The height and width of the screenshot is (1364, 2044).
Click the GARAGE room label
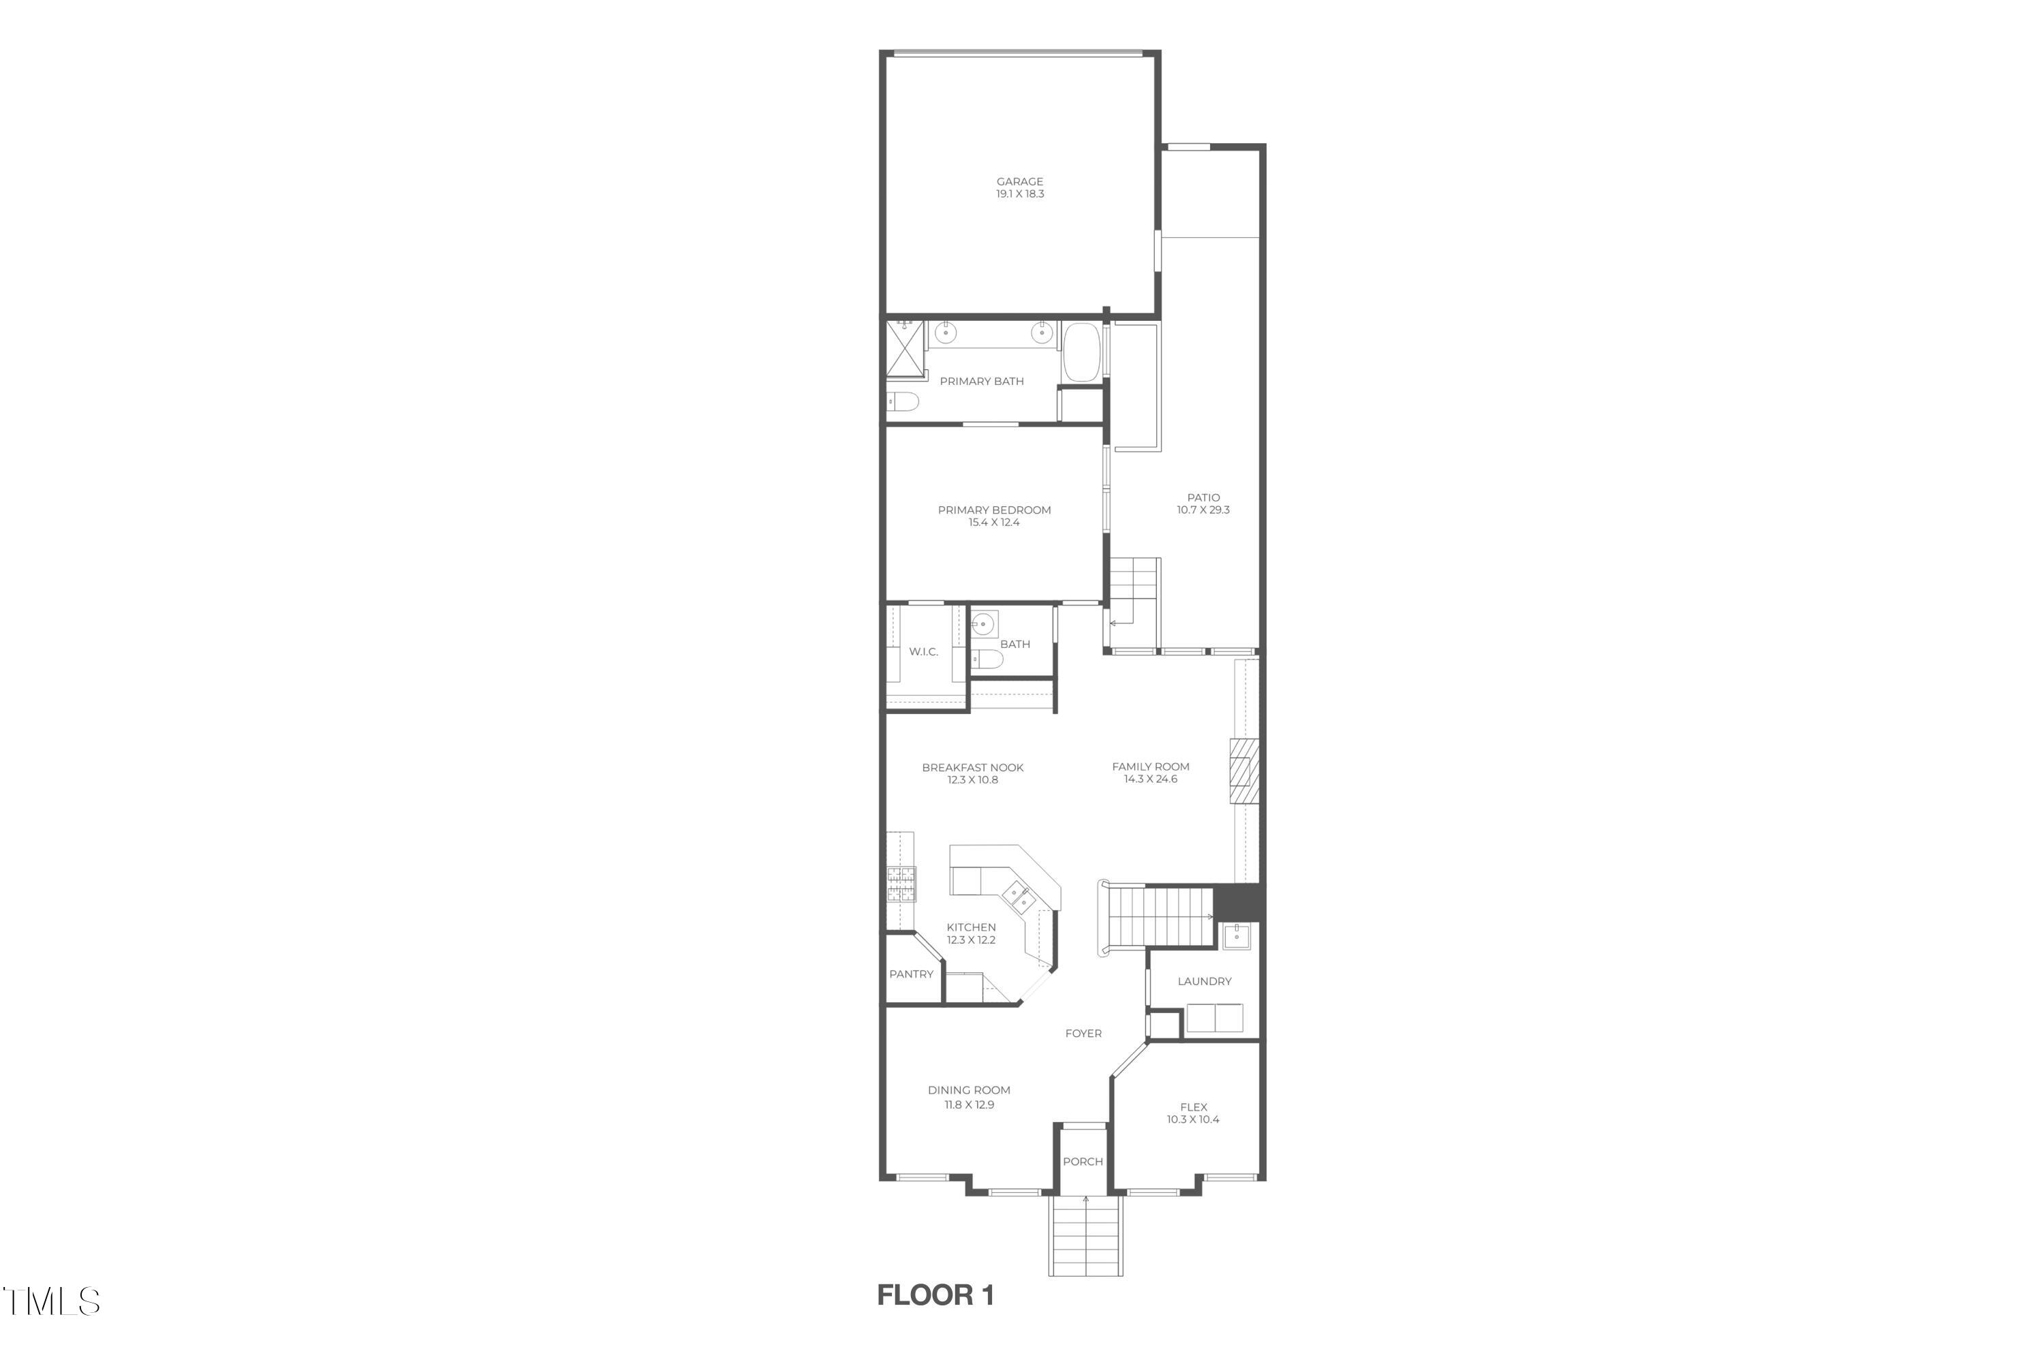click(x=1019, y=182)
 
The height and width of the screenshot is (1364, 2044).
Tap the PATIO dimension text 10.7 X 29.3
click(x=1203, y=510)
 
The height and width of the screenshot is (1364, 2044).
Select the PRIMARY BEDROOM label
click(x=994, y=510)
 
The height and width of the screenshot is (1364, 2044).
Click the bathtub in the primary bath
click(x=1082, y=352)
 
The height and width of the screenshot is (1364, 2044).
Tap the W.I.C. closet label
click(x=923, y=651)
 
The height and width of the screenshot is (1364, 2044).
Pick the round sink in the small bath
click(x=983, y=623)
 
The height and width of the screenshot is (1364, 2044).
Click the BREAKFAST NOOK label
click(x=972, y=767)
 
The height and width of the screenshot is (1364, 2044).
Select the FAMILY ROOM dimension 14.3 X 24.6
click(x=1150, y=779)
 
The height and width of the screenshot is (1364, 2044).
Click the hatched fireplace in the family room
click(x=1244, y=771)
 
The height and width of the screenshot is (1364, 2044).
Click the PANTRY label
click(x=911, y=974)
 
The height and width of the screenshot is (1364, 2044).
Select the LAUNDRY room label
click(x=1204, y=981)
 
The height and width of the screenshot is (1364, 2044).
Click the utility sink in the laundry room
click(x=1236, y=937)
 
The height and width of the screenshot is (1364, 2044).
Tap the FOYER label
click(x=1083, y=1034)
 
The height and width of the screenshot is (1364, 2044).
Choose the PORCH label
click(x=1082, y=1162)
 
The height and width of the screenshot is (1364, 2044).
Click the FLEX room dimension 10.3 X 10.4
click(x=1192, y=1119)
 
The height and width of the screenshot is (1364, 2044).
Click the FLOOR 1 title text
click(x=935, y=1295)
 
